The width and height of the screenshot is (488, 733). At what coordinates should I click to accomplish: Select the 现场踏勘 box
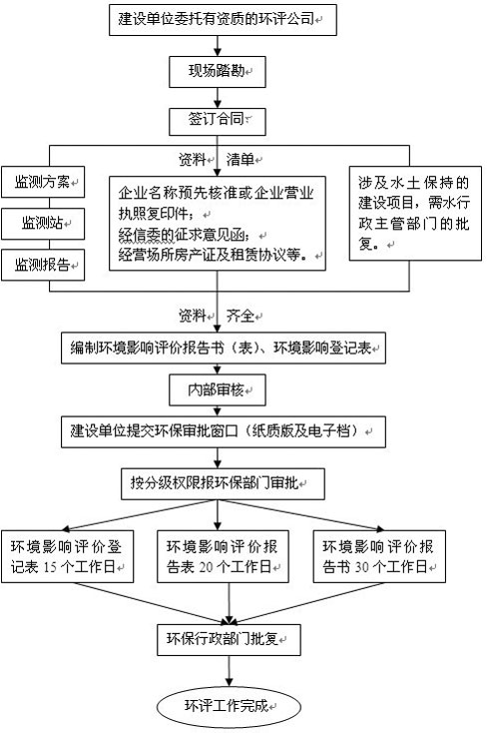click(218, 70)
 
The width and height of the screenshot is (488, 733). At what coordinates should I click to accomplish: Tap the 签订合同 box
click(218, 120)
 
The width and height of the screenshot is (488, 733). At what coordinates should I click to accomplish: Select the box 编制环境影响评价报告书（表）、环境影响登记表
click(219, 348)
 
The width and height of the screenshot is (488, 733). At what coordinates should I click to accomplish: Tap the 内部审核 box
click(218, 390)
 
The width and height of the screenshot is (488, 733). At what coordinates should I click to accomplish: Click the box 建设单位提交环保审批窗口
click(219, 431)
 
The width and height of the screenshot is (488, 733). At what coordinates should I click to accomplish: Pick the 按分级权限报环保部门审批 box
click(219, 483)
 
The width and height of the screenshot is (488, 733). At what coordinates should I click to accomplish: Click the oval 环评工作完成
click(227, 705)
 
